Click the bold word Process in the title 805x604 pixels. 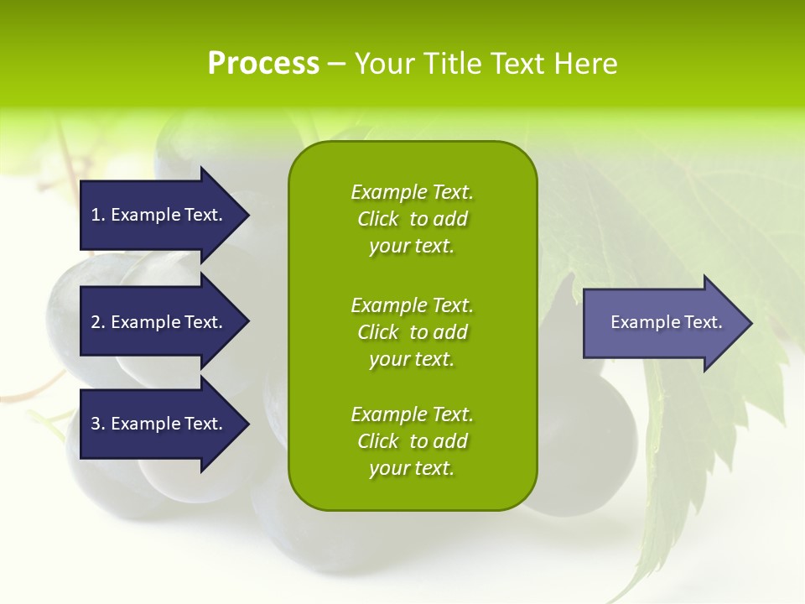tap(263, 64)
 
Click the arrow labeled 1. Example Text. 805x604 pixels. tap(159, 215)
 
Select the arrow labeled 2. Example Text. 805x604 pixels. tap(159, 322)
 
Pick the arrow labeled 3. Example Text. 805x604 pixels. tap(159, 424)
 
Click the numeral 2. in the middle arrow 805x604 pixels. tap(97, 322)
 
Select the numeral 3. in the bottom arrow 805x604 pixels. tap(97, 424)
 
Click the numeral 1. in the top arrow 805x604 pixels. tap(97, 215)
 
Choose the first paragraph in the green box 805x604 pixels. tap(412, 219)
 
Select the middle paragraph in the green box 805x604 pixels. tap(412, 332)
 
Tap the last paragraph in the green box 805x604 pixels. tap(412, 441)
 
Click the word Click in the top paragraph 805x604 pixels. tap(377, 219)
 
